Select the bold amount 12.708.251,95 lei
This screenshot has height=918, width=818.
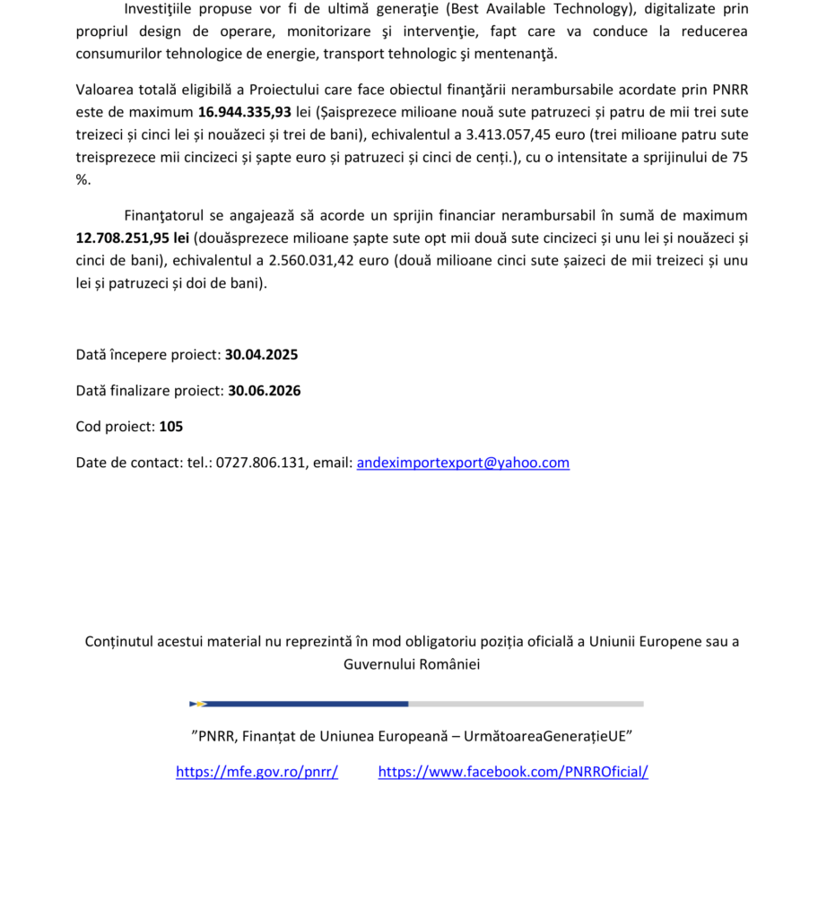(132, 238)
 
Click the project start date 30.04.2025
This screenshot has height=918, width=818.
(261, 354)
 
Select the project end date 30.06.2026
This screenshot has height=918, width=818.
(264, 391)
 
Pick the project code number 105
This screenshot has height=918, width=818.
(171, 427)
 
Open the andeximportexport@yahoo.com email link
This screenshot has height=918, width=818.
(463, 463)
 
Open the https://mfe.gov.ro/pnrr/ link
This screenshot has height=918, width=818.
(257, 772)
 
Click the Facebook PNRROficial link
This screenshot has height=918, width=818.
(513, 772)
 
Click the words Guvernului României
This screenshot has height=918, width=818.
(412, 664)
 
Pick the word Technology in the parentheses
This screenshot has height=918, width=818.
(592, 9)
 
